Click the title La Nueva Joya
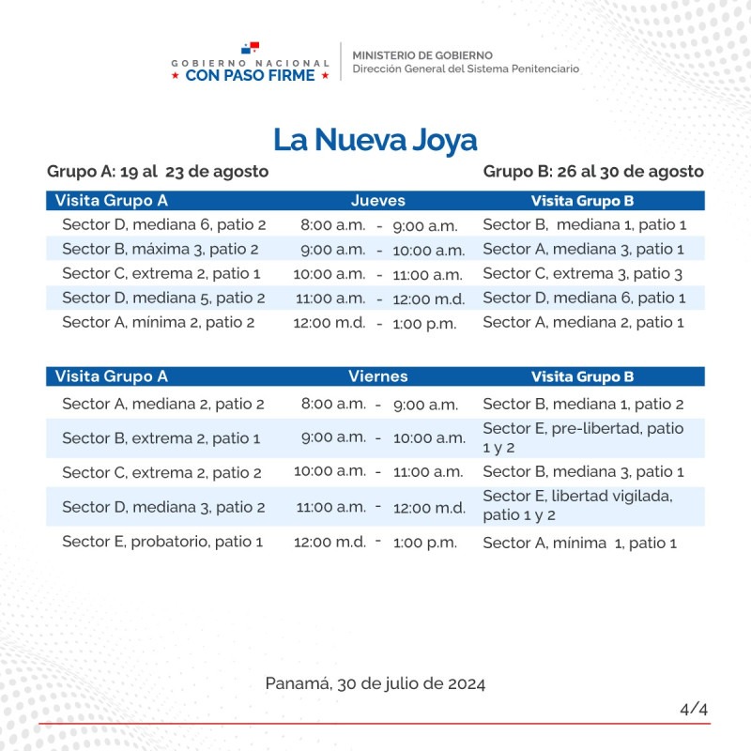pos(375,140)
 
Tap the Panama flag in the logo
pos(250,49)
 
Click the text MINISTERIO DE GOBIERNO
pos(422,55)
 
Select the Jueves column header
pos(377,201)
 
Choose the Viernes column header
pos(377,376)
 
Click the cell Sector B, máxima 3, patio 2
pos(161,250)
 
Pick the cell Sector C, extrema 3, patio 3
pos(582,274)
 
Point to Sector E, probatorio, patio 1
pos(162,542)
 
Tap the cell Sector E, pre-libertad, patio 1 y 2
pos(582,437)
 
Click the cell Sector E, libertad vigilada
pos(577,505)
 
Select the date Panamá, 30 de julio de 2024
pos(375,683)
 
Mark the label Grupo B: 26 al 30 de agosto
pos(593,172)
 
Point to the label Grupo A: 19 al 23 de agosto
pos(158,172)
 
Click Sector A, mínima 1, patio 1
pos(579,543)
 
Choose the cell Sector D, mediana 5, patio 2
pos(163,299)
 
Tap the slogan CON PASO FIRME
pos(250,75)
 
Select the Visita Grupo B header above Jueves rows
pos(582,201)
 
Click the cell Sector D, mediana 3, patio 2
pos(163,507)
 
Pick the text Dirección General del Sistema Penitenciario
pos(466,69)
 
